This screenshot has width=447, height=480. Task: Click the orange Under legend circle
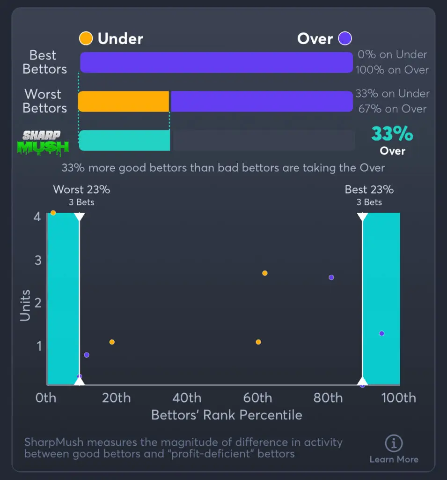pos(86,38)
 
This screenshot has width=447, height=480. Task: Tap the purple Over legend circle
pos(345,38)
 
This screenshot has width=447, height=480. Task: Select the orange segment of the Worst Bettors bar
pos(124,101)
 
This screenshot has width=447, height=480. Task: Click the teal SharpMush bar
pos(125,141)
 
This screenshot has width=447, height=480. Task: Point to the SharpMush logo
pos(46,142)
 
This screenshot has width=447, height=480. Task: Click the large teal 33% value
pos(392,134)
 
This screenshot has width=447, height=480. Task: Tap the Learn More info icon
pos(394,442)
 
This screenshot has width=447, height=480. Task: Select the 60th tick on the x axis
pos(258,398)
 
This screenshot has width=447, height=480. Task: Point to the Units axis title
pos(25,305)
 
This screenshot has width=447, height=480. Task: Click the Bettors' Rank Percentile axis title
pos(227,415)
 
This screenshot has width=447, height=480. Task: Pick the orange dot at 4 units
pos(53,213)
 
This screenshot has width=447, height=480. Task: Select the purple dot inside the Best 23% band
pos(381,333)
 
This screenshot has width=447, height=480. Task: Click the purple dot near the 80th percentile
pos(331,277)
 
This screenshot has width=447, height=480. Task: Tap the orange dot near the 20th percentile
pos(112,342)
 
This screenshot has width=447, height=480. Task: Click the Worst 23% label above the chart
pos(81,190)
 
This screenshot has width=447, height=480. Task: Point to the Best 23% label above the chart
pos(369,190)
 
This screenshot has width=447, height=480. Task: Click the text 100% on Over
pos(392,70)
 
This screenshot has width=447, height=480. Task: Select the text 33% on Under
pos(392,94)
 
